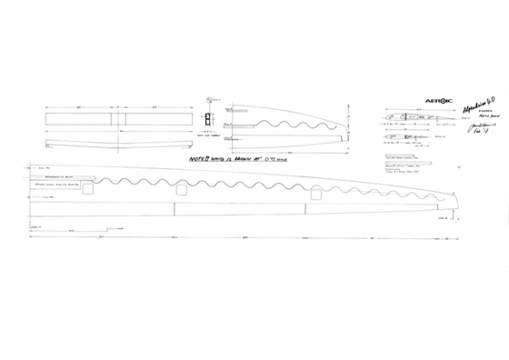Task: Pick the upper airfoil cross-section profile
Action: pyautogui.click(x=401, y=118)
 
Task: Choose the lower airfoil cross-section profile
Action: pyautogui.click(x=399, y=139)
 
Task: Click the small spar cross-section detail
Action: pyautogui.click(x=207, y=122)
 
